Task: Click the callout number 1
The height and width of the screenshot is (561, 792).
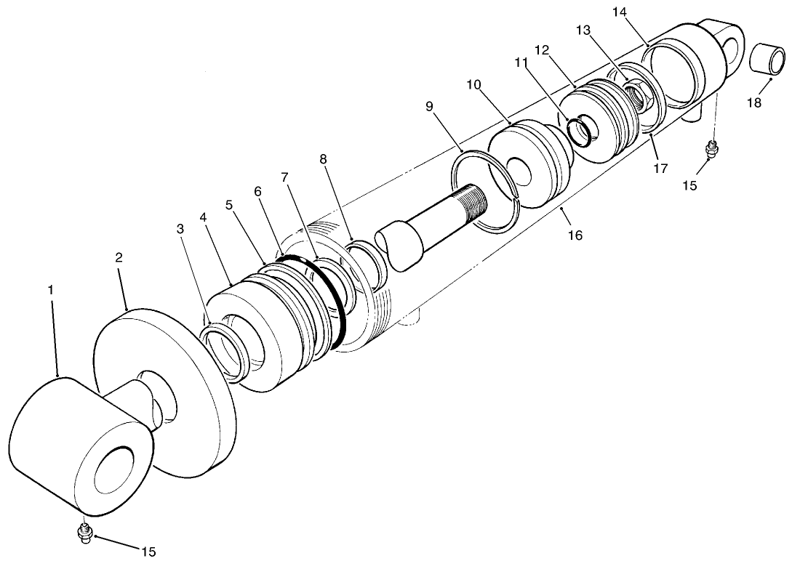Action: (x=51, y=289)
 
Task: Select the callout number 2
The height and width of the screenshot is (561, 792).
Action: (x=119, y=257)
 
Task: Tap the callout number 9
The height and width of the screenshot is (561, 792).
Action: (x=429, y=106)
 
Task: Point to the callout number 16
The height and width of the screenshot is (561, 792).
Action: (x=575, y=235)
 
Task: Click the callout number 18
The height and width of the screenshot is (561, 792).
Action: (x=754, y=102)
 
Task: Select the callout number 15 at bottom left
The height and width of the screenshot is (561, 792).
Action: (x=148, y=552)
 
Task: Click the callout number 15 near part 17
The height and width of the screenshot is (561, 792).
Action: (x=689, y=185)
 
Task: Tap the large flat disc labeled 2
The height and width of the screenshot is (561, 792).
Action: (x=167, y=392)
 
